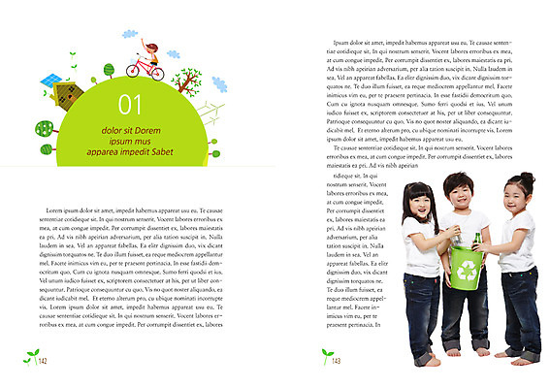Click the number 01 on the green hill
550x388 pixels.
[x=130, y=105]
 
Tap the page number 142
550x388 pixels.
[x=43, y=361]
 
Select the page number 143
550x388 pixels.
[x=336, y=361]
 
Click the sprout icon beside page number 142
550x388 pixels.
[x=29, y=357]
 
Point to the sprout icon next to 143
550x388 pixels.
[x=324, y=357]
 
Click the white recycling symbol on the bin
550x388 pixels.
[x=468, y=272]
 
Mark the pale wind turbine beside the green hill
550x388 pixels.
[x=212, y=116]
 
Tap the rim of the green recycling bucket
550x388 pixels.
[x=467, y=249]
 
